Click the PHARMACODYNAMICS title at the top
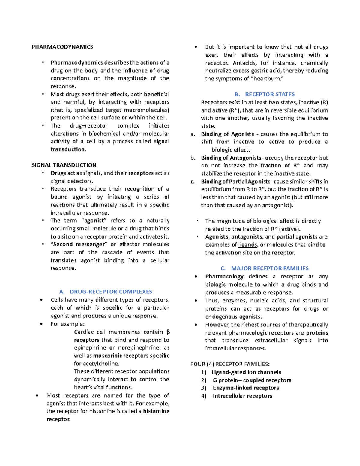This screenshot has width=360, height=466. (62, 47)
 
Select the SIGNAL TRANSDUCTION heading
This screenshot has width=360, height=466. (64, 165)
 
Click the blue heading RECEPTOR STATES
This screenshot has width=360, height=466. (270, 94)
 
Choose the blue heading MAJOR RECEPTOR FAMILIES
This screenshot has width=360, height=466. (270, 269)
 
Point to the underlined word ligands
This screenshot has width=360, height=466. (247, 245)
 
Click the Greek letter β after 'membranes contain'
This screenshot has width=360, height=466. (168, 332)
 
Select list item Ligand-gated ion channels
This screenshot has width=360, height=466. (246, 372)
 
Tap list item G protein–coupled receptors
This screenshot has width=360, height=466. (252, 380)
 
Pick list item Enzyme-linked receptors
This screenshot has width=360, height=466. (246, 388)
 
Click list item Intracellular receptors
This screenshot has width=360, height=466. (242, 396)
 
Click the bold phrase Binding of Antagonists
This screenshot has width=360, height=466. (231, 158)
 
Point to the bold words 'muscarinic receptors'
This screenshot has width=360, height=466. (121, 356)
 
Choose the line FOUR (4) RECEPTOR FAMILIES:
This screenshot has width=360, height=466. (230, 364)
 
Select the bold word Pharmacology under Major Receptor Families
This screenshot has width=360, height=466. (224, 277)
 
